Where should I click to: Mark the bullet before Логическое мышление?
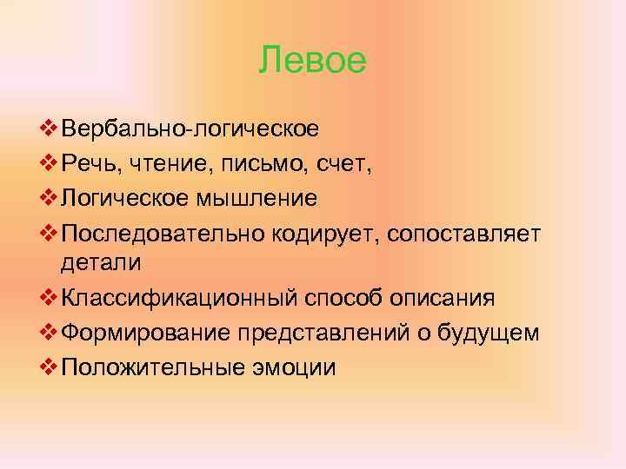(x=48, y=198)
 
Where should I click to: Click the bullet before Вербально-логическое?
(x=48, y=130)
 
